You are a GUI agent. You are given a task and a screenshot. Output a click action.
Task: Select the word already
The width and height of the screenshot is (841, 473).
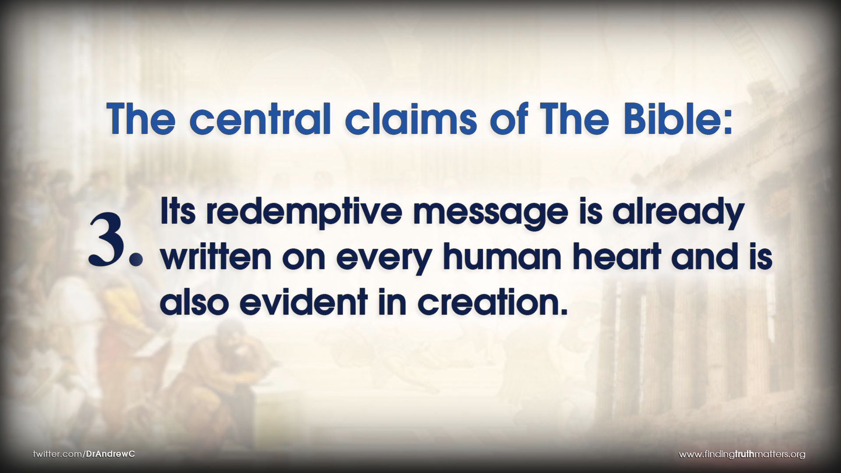coord(678,215)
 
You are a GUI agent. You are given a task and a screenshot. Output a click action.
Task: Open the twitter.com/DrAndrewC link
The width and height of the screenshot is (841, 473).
coord(84,454)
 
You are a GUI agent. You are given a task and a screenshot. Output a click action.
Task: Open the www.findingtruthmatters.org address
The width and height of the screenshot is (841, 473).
coord(742,455)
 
